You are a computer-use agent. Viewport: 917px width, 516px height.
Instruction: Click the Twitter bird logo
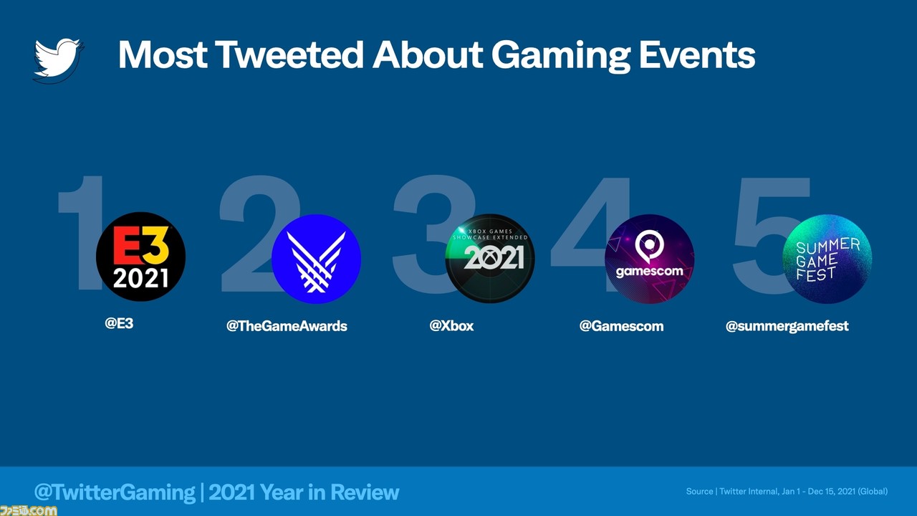[x=58, y=59]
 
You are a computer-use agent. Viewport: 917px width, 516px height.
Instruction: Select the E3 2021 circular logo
[x=140, y=257]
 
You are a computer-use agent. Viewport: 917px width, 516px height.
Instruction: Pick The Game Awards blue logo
[x=316, y=259]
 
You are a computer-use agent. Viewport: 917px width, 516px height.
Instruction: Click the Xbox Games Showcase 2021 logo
[x=490, y=258]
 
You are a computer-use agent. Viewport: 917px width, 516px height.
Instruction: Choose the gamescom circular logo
[x=649, y=259]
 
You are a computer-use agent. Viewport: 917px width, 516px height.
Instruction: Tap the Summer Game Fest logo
[x=827, y=259]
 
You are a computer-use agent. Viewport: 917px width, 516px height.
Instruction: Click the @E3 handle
[x=119, y=323]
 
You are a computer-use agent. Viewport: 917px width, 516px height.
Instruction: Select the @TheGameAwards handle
[x=287, y=326]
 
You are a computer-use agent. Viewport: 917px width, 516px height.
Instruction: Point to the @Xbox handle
[x=451, y=325]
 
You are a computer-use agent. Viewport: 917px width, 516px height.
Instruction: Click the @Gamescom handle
[x=621, y=326]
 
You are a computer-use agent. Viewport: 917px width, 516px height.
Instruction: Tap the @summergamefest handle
[x=787, y=326]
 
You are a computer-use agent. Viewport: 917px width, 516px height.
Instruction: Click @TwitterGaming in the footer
[x=115, y=492]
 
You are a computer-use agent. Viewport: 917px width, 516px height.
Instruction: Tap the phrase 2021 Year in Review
[x=304, y=492]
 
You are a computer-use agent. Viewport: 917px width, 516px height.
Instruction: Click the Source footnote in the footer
[x=787, y=492]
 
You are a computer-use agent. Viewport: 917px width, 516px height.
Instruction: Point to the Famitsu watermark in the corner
[x=29, y=510]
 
